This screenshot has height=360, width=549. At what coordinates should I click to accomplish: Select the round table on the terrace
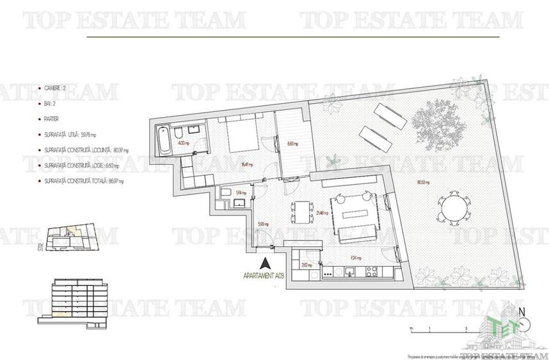point(456,208)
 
